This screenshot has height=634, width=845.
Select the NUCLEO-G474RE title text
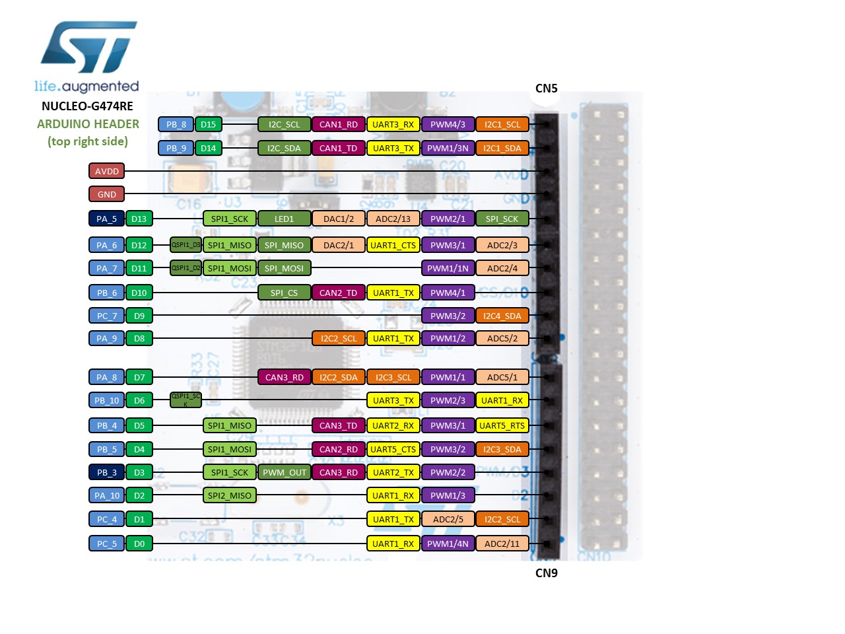pos(87,106)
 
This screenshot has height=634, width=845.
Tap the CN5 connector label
pos(546,88)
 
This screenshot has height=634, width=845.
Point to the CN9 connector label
pos(546,573)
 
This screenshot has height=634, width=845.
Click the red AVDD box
pos(107,171)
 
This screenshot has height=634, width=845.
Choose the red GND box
pos(107,194)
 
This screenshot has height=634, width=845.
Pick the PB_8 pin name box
pos(176,124)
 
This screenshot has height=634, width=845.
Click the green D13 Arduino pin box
pos(139,219)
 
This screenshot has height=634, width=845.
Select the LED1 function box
pos(284,219)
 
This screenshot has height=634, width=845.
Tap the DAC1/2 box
pos(339,219)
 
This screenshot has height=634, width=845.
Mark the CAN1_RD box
pos(339,124)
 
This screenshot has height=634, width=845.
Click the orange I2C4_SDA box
pos(502,316)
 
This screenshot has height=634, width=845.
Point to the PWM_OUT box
pos(284,472)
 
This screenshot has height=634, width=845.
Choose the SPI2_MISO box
pos(229,495)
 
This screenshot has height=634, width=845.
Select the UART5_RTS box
pos(502,425)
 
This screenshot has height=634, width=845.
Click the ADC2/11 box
pos(502,544)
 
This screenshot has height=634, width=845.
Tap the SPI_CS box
pos(284,293)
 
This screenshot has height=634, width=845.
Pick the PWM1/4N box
pos(448,544)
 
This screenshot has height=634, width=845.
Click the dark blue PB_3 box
pos(107,472)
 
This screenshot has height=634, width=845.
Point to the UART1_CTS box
pos(393,245)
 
